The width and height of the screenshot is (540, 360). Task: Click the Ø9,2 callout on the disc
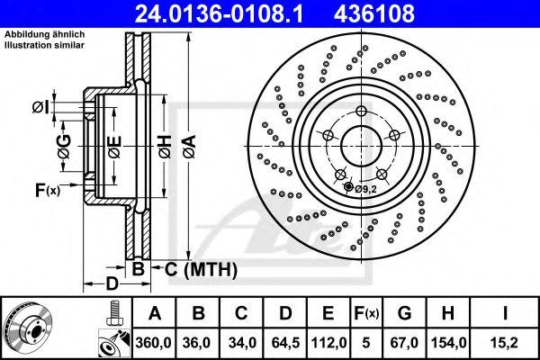[364, 189]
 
